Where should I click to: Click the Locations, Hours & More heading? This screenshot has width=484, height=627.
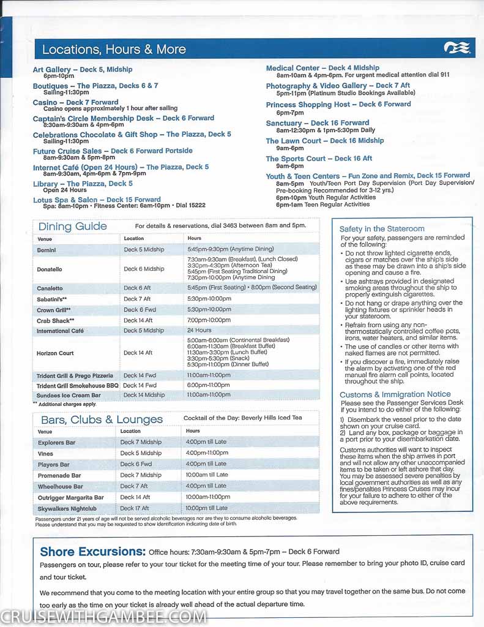[x=114, y=49]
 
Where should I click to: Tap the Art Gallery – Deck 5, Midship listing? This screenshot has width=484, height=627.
[x=83, y=70]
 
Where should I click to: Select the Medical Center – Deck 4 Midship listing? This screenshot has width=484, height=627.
[x=322, y=68]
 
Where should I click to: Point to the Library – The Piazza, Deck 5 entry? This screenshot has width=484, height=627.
[x=83, y=184]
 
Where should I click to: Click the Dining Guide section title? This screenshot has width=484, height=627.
[x=72, y=227]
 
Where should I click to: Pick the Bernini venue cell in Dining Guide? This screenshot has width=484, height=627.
[x=47, y=250]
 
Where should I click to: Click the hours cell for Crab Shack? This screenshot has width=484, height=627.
[x=209, y=320]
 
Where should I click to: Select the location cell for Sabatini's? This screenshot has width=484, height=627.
[x=137, y=299]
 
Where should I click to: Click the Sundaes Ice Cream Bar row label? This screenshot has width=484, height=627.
[x=69, y=396]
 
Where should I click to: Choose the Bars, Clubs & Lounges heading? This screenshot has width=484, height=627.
[x=102, y=419]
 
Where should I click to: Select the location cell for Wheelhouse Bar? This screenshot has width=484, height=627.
[x=135, y=486]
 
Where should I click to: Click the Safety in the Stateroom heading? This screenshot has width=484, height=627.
[x=382, y=229]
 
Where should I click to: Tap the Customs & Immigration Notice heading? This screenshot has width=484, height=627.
[x=395, y=395]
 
